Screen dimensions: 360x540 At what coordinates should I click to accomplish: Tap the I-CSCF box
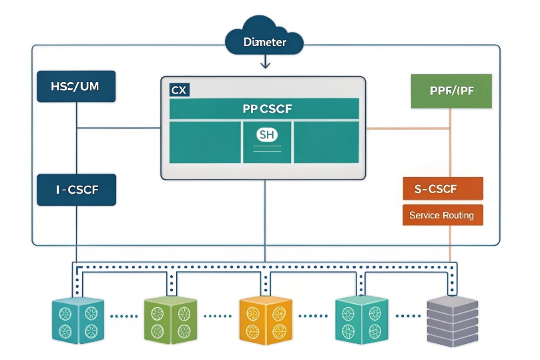[x=77, y=190]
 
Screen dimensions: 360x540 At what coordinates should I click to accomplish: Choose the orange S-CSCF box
[x=443, y=189]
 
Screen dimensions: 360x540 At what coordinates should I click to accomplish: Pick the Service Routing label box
[x=442, y=215]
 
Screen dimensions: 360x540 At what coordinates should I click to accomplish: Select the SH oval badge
[x=266, y=135]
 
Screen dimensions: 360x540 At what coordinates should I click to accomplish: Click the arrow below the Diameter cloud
[x=266, y=63]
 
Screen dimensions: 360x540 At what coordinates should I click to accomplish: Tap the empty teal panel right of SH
[x=326, y=142]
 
